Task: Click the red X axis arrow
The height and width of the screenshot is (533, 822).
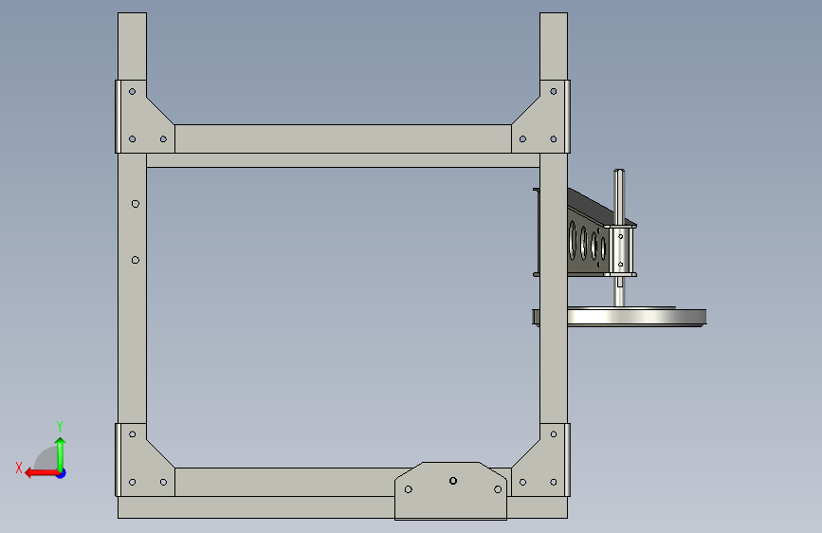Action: [x=43, y=473]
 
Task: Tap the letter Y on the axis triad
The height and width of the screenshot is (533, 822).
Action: [x=60, y=426]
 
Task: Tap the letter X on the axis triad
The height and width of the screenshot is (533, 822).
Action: [x=19, y=468]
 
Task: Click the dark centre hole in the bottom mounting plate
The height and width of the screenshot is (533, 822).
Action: [x=453, y=481]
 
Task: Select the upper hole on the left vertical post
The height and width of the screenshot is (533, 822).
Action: [x=136, y=204]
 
